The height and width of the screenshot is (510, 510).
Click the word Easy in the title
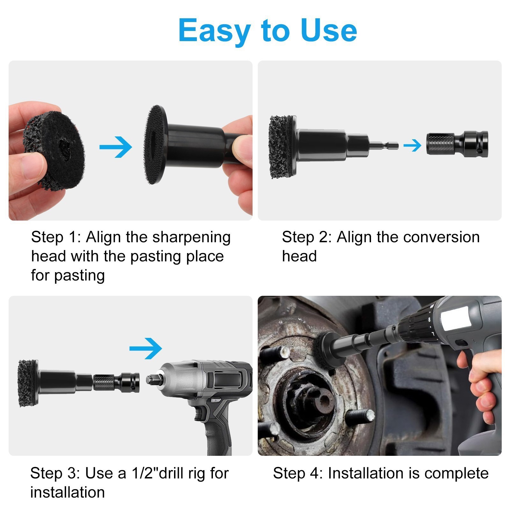tap(214, 31)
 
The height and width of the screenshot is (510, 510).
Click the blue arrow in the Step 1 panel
tap(116, 147)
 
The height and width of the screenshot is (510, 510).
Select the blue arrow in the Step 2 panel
tap(412, 146)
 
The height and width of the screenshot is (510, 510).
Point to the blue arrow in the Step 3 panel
tap(146, 348)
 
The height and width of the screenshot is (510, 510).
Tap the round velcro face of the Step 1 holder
tap(154, 145)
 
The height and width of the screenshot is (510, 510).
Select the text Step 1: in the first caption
tap(56, 237)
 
